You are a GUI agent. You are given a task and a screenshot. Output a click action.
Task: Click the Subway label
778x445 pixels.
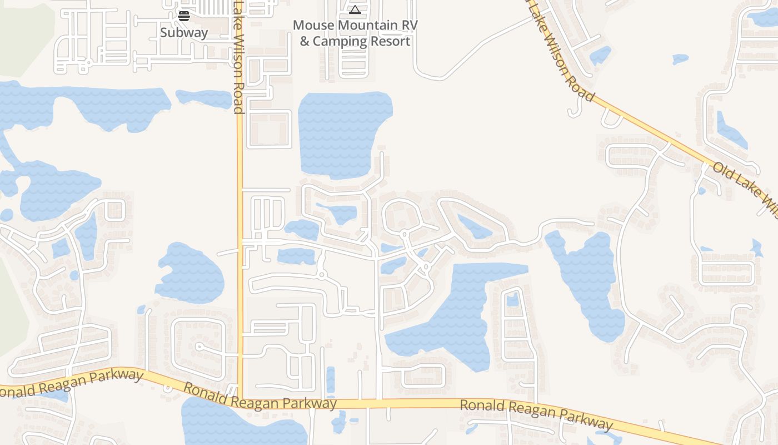click(184, 32)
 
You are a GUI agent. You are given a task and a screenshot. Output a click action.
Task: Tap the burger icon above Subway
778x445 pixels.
click(184, 16)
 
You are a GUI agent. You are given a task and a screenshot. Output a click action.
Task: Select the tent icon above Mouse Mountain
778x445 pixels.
click(355, 9)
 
